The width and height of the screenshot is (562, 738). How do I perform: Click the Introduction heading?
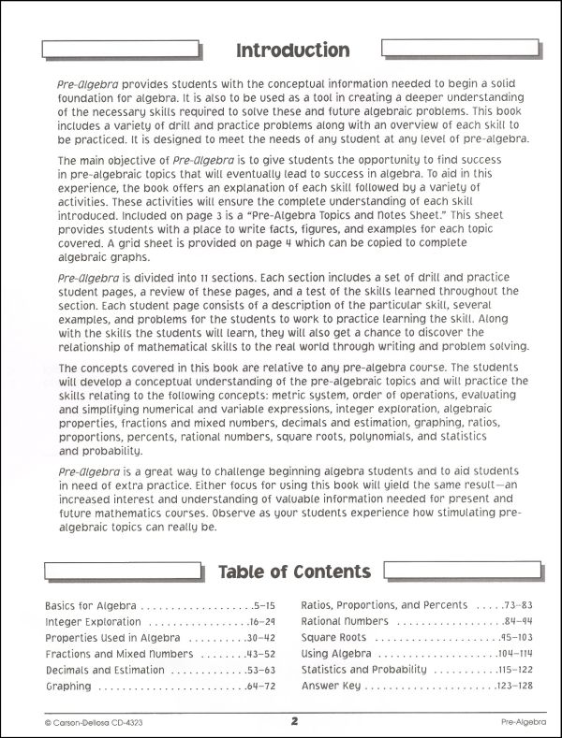(293, 50)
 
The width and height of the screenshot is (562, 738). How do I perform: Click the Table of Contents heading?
(294, 571)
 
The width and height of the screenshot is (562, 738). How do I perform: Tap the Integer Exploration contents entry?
(93, 622)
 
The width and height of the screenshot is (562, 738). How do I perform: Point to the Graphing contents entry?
(67, 686)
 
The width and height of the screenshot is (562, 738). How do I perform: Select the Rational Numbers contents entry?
(348, 622)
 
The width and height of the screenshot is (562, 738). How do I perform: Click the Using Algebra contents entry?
(337, 654)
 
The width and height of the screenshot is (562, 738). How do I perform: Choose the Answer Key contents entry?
(331, 686)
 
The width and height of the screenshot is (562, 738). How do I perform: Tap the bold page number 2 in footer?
(293, 720)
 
